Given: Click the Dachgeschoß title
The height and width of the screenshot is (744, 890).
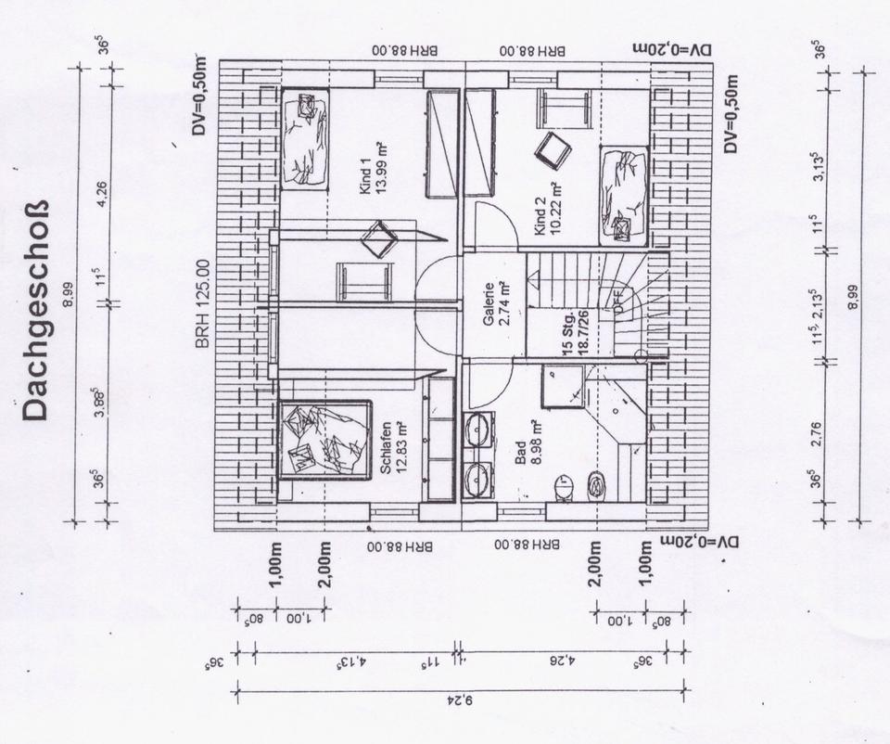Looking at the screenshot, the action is pos(35,311).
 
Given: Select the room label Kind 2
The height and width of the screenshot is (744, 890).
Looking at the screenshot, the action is pos(541,215).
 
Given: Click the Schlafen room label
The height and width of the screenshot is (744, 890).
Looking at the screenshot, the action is pos(386,447).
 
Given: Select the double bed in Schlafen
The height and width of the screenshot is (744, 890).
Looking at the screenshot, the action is pos(324,439).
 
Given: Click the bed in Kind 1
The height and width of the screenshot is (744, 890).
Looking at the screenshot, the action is pos(305,138).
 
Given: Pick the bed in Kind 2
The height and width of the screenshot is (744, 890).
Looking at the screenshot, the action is pos(623,196).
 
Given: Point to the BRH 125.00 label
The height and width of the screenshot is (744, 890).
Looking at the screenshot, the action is pos(203,303).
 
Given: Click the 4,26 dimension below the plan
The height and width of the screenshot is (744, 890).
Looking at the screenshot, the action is pos(566,662).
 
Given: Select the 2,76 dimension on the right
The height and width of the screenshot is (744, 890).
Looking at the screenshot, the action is pos(816,433).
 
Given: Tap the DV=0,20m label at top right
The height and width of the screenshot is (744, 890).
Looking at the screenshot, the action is pos(668,48).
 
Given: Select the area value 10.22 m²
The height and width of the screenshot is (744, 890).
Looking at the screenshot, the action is pos(556,215).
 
